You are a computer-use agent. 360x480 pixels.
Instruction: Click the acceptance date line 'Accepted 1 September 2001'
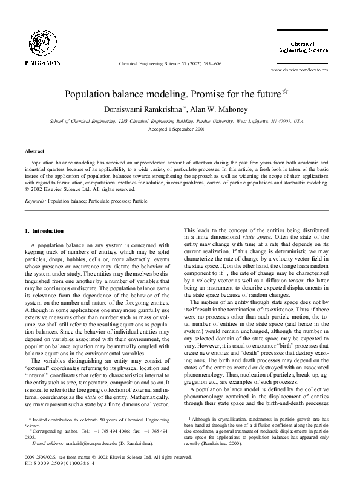[x=180, y=129]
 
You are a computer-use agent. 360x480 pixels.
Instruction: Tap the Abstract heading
[x=33, y=151]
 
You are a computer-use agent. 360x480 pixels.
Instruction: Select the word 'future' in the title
[x=267, y=96]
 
